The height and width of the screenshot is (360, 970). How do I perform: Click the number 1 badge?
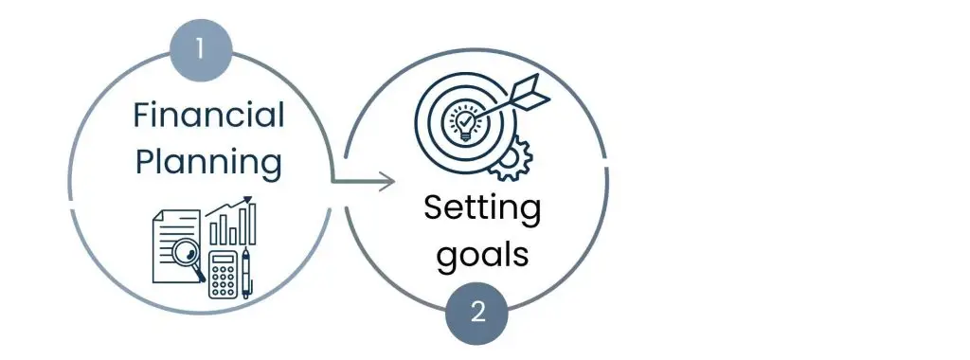(x=199, y=49)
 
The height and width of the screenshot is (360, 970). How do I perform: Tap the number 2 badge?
(x=477, y=312)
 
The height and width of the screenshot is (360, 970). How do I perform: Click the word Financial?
(x=208, y=116)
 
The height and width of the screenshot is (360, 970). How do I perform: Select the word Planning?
(x=208, y=162)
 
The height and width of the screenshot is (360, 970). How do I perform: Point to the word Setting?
(x=481, y=209)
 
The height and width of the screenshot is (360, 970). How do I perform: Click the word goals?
(x=481, y=256)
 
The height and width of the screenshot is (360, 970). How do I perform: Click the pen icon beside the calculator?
(x=247, y=274)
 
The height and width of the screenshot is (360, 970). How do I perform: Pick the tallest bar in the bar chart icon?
(x=251, y=225)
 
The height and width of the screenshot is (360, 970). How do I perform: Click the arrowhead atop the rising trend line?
(x=249, y=199)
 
